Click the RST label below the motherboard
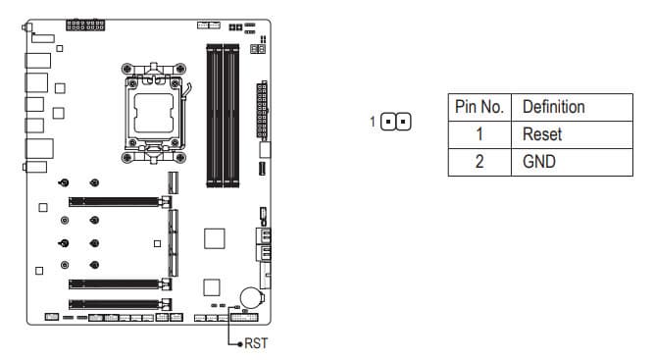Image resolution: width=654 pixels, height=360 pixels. coord(256,343)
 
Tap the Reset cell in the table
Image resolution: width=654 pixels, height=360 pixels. coord(572,134)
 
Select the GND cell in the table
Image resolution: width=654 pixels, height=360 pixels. coord(572,162)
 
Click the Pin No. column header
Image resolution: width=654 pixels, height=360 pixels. coord(479,107)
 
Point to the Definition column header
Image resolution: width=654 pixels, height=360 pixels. coord(572,107)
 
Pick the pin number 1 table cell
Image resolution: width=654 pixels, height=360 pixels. coord(479,134)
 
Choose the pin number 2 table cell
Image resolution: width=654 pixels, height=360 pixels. coord(479,162)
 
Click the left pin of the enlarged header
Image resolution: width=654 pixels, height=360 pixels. coord(388,122)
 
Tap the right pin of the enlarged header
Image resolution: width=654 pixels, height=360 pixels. coord(403,122)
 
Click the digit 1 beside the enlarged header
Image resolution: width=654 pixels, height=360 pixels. coord(373,122)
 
